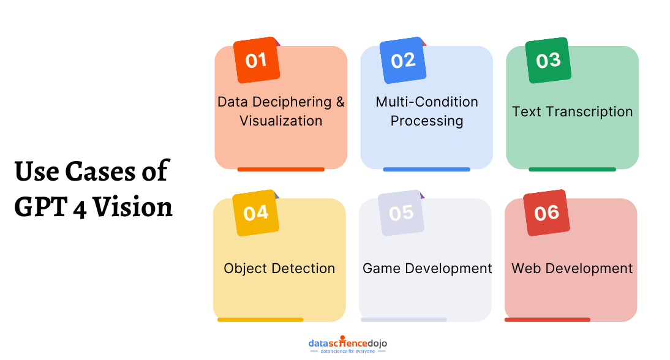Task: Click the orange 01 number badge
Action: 257,60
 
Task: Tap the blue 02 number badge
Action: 403,60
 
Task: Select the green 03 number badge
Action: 549,60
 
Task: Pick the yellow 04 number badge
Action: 255,212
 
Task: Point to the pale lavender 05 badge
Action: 401,212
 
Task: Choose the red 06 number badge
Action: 546,212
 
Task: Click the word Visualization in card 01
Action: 280,121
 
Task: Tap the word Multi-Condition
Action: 427,102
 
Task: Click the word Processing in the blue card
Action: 427,121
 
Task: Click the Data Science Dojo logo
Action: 347,345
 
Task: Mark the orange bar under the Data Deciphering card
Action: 280,170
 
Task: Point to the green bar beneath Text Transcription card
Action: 572,170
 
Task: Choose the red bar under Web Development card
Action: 547,320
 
